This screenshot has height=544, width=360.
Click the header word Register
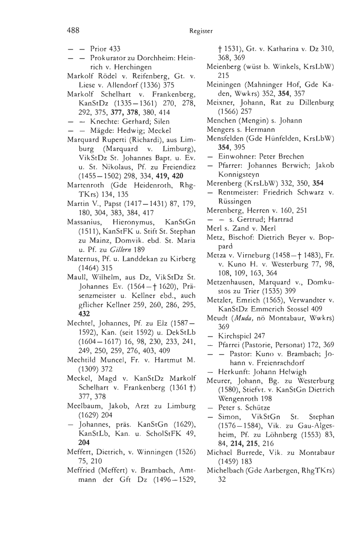(201, 31)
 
